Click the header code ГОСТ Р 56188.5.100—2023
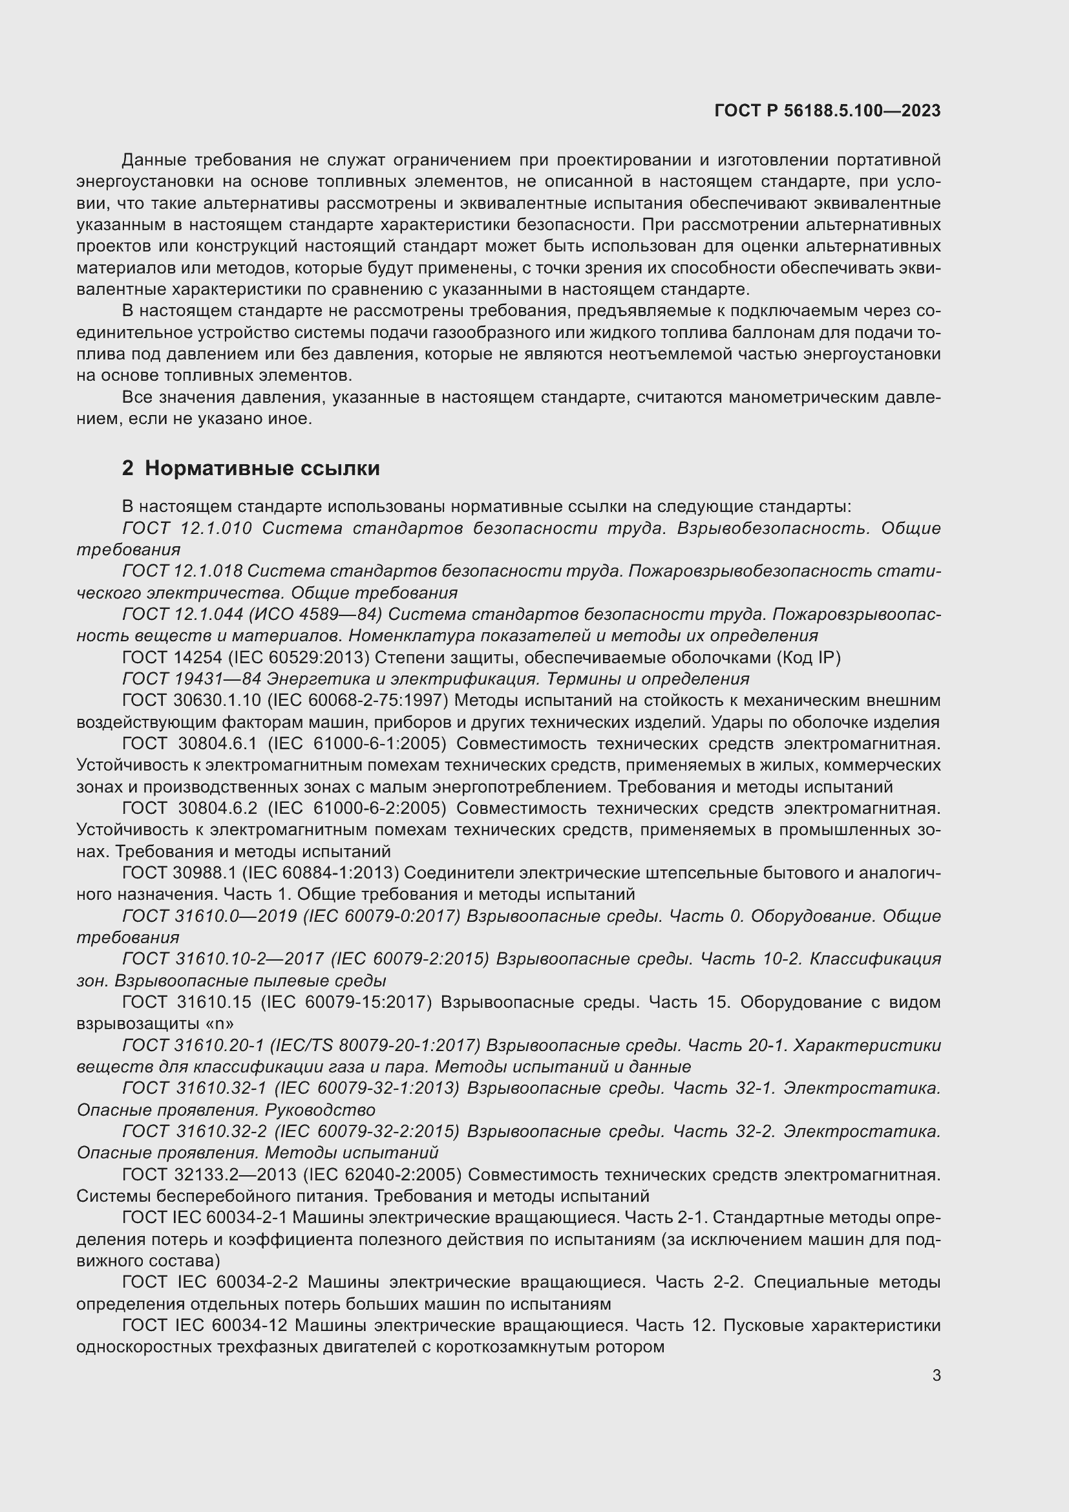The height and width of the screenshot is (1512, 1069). (x=827, y=111)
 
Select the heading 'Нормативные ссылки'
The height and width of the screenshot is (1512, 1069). (x=262, y=468)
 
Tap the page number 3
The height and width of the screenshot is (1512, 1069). (x=936, y=1375)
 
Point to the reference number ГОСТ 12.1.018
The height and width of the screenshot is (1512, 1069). (x=182, y=571)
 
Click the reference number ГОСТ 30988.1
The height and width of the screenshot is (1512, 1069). (x=180, y=873)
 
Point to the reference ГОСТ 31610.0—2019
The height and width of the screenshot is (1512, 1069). (x=209, y=916)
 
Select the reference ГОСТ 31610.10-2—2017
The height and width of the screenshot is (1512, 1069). (x=223, y=959)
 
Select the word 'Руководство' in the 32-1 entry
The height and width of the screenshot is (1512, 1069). (x=320, y=1110)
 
